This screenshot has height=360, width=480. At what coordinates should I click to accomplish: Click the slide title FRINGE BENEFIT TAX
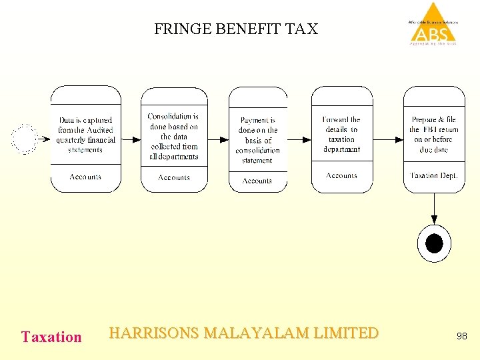point(236,29)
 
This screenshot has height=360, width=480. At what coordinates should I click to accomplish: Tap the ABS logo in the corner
point(433,25)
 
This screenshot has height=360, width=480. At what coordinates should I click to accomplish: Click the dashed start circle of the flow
point(25,139)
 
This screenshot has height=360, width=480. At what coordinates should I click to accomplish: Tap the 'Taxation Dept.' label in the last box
point(433,176)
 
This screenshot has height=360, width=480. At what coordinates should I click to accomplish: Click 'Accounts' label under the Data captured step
point(85,177)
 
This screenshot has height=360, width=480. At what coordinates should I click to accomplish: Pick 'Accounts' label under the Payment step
point(257,181)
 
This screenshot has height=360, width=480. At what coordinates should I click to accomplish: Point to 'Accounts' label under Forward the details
point(341,176)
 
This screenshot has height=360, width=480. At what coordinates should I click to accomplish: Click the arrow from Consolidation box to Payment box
point(218,139)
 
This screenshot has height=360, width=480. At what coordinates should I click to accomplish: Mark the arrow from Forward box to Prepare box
point(388,139)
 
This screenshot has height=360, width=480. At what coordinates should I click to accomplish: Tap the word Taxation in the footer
point(51,337)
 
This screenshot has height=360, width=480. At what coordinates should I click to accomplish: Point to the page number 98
point(462,337)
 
